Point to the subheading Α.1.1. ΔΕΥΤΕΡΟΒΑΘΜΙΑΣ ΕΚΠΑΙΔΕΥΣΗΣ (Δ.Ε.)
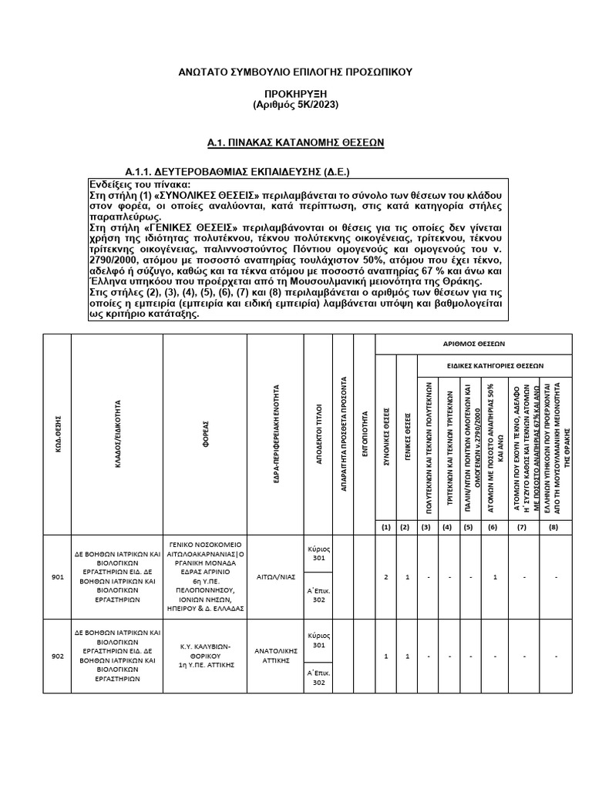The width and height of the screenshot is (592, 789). (x=243, y=170)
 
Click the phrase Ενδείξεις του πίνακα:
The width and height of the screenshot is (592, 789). (x=135, y=185)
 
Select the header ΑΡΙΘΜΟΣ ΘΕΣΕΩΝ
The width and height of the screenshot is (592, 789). (x=473, y=344)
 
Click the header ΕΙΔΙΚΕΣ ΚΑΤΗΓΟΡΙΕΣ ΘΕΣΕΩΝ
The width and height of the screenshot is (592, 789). (x=494, y=366)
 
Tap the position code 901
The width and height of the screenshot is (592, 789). (x=57, y=576)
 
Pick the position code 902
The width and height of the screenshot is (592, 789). (x=57, y=656)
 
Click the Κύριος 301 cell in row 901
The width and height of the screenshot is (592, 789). (x=319, y=553)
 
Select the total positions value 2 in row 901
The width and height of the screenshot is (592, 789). (x=385, y=576)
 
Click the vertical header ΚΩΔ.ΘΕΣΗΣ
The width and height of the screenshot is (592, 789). (x=58, y=434)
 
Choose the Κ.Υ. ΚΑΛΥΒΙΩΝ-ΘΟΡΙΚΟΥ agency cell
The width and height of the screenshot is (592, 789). (x=205, y=656)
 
